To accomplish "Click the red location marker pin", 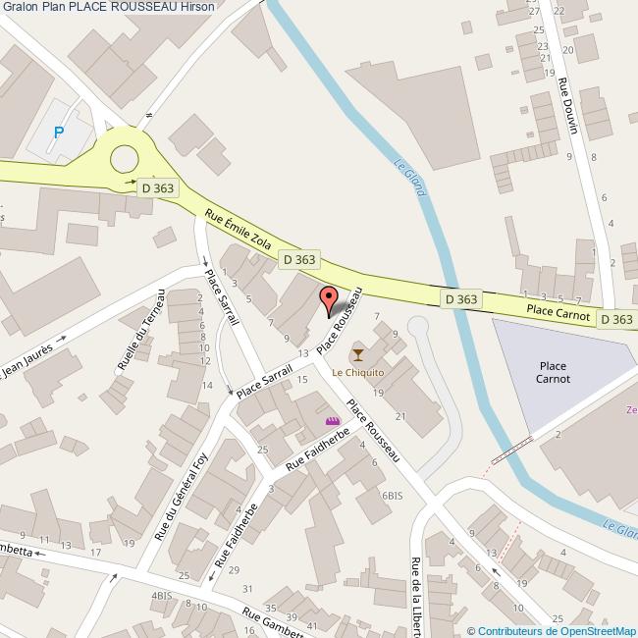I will coord(329,298).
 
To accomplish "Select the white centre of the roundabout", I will coord(125,157).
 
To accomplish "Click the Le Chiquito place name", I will coord(357,373).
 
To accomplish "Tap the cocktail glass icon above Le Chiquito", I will coord(357,354).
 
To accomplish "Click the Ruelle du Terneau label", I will coord(140,329).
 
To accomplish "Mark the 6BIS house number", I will coord(393,496).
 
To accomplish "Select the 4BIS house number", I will coord(161,596).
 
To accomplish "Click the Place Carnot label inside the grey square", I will coord(555,372).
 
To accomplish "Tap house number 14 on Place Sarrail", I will coord(207,385).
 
